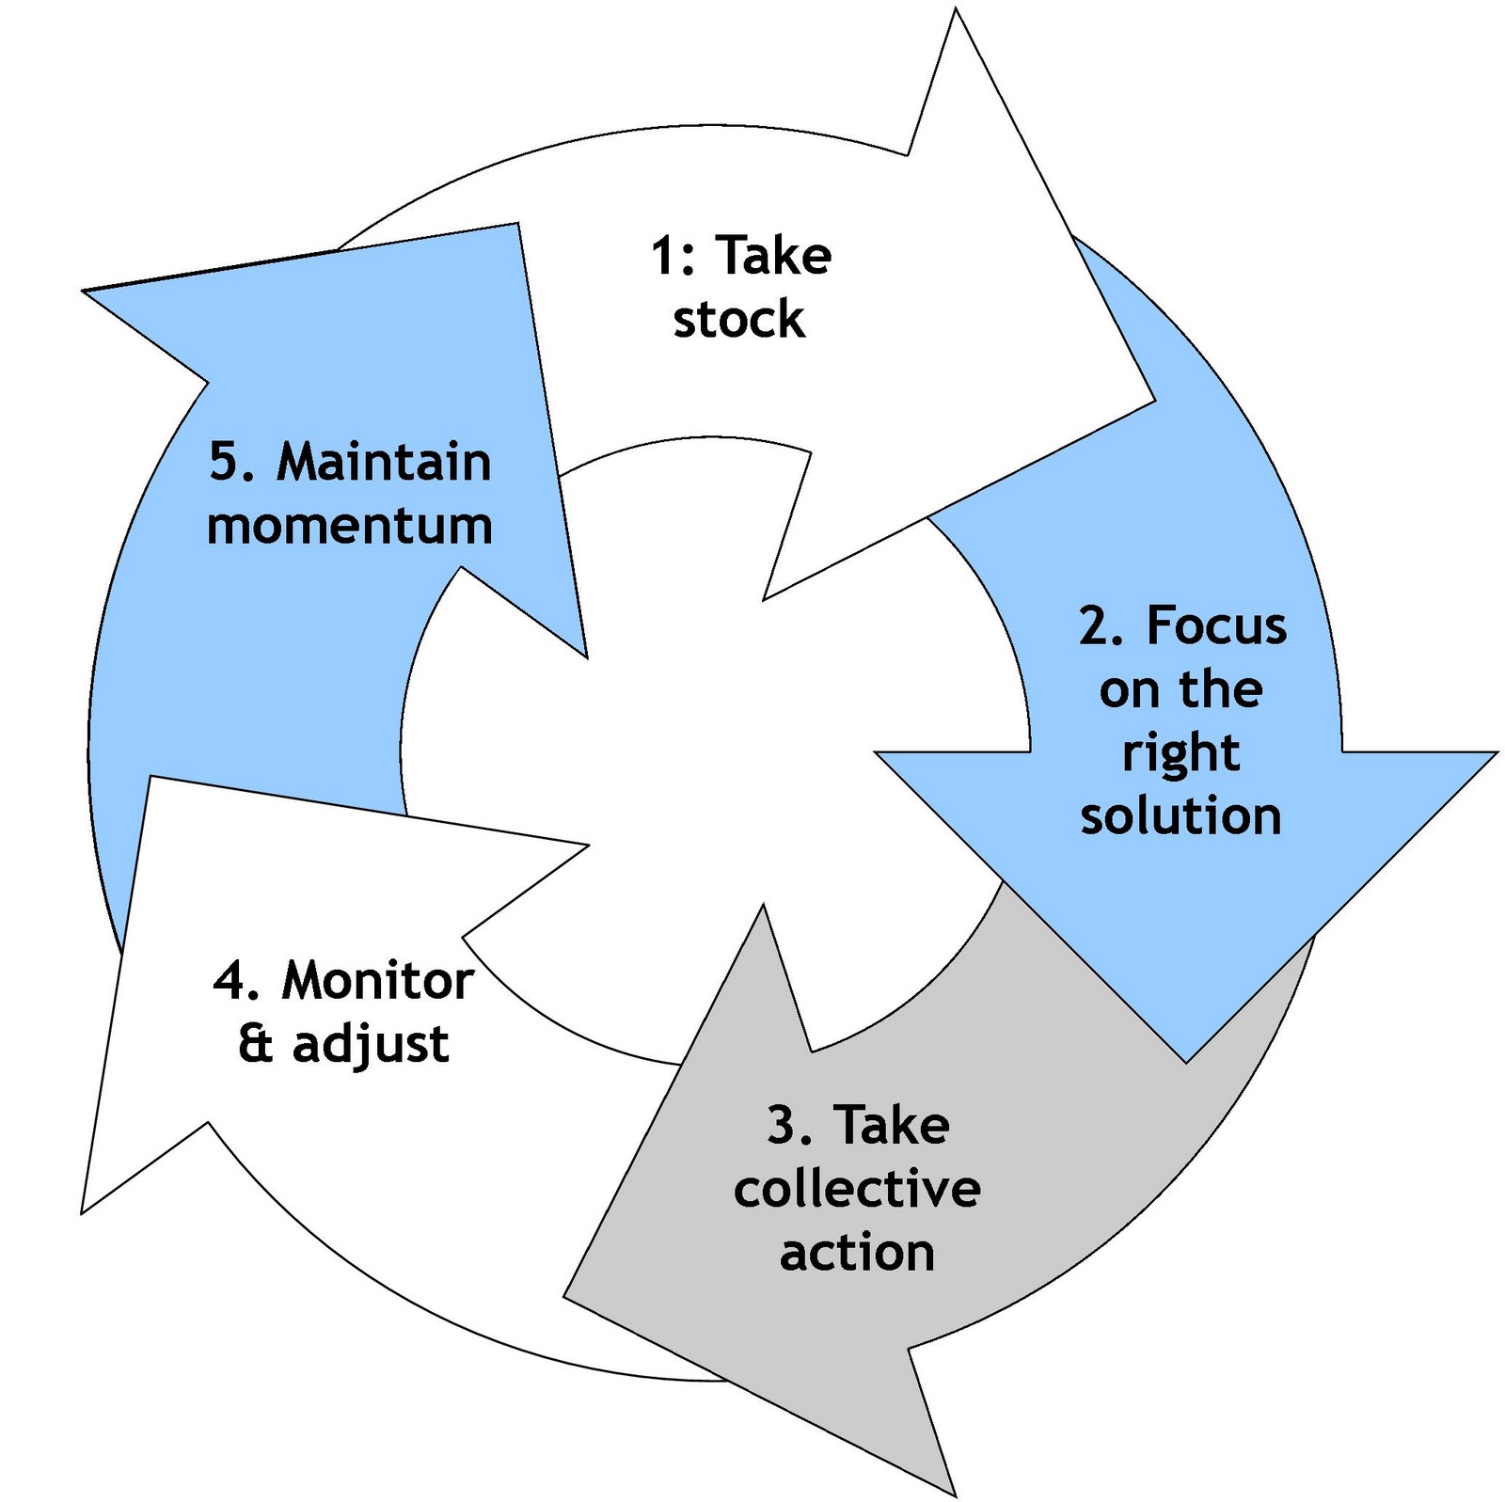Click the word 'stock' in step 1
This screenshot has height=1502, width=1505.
738,320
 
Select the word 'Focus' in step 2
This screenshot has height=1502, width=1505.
1216,625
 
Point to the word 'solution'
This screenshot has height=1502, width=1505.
1180,815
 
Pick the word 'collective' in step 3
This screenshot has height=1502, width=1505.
857,1189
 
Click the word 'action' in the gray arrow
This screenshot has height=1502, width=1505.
857,1253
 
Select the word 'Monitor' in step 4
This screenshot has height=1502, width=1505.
377,981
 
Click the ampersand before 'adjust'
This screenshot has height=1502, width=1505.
255,1044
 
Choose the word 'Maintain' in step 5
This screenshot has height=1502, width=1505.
384,463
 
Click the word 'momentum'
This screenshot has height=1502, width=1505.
350,526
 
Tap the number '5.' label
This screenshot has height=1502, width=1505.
231,463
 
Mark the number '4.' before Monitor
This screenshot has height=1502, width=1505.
236,981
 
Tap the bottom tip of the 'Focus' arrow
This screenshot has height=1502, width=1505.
1186,1061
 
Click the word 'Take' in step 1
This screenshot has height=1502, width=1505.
773,256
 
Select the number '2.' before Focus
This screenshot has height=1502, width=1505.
1101,625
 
